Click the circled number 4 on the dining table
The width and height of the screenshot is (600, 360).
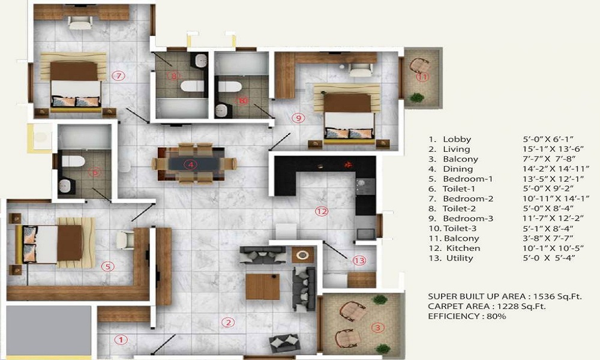pos(190,164)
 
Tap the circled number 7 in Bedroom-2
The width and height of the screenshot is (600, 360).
pos(118,76)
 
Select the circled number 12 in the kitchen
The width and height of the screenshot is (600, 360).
pos(322,211)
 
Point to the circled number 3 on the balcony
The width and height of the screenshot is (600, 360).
pos(377,328)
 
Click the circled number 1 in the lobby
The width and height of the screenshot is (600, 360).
pos(121,340)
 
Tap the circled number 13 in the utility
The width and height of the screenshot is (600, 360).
pos(359,260)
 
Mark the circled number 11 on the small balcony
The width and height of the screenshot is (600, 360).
pos(422,77)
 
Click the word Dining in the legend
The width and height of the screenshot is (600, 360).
pos(458,169)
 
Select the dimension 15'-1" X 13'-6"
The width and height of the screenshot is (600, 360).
pos(550,149)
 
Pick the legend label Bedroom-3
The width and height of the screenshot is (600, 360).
pos(468,218)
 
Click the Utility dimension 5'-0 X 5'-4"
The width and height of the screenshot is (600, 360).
pos(549,258)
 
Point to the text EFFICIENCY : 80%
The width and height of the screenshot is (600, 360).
pos(467,316)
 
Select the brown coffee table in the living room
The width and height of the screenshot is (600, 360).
pos(263,287)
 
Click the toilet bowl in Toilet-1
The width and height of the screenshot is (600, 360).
pos(73,161)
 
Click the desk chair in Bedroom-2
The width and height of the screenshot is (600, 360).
pos(80,23)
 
